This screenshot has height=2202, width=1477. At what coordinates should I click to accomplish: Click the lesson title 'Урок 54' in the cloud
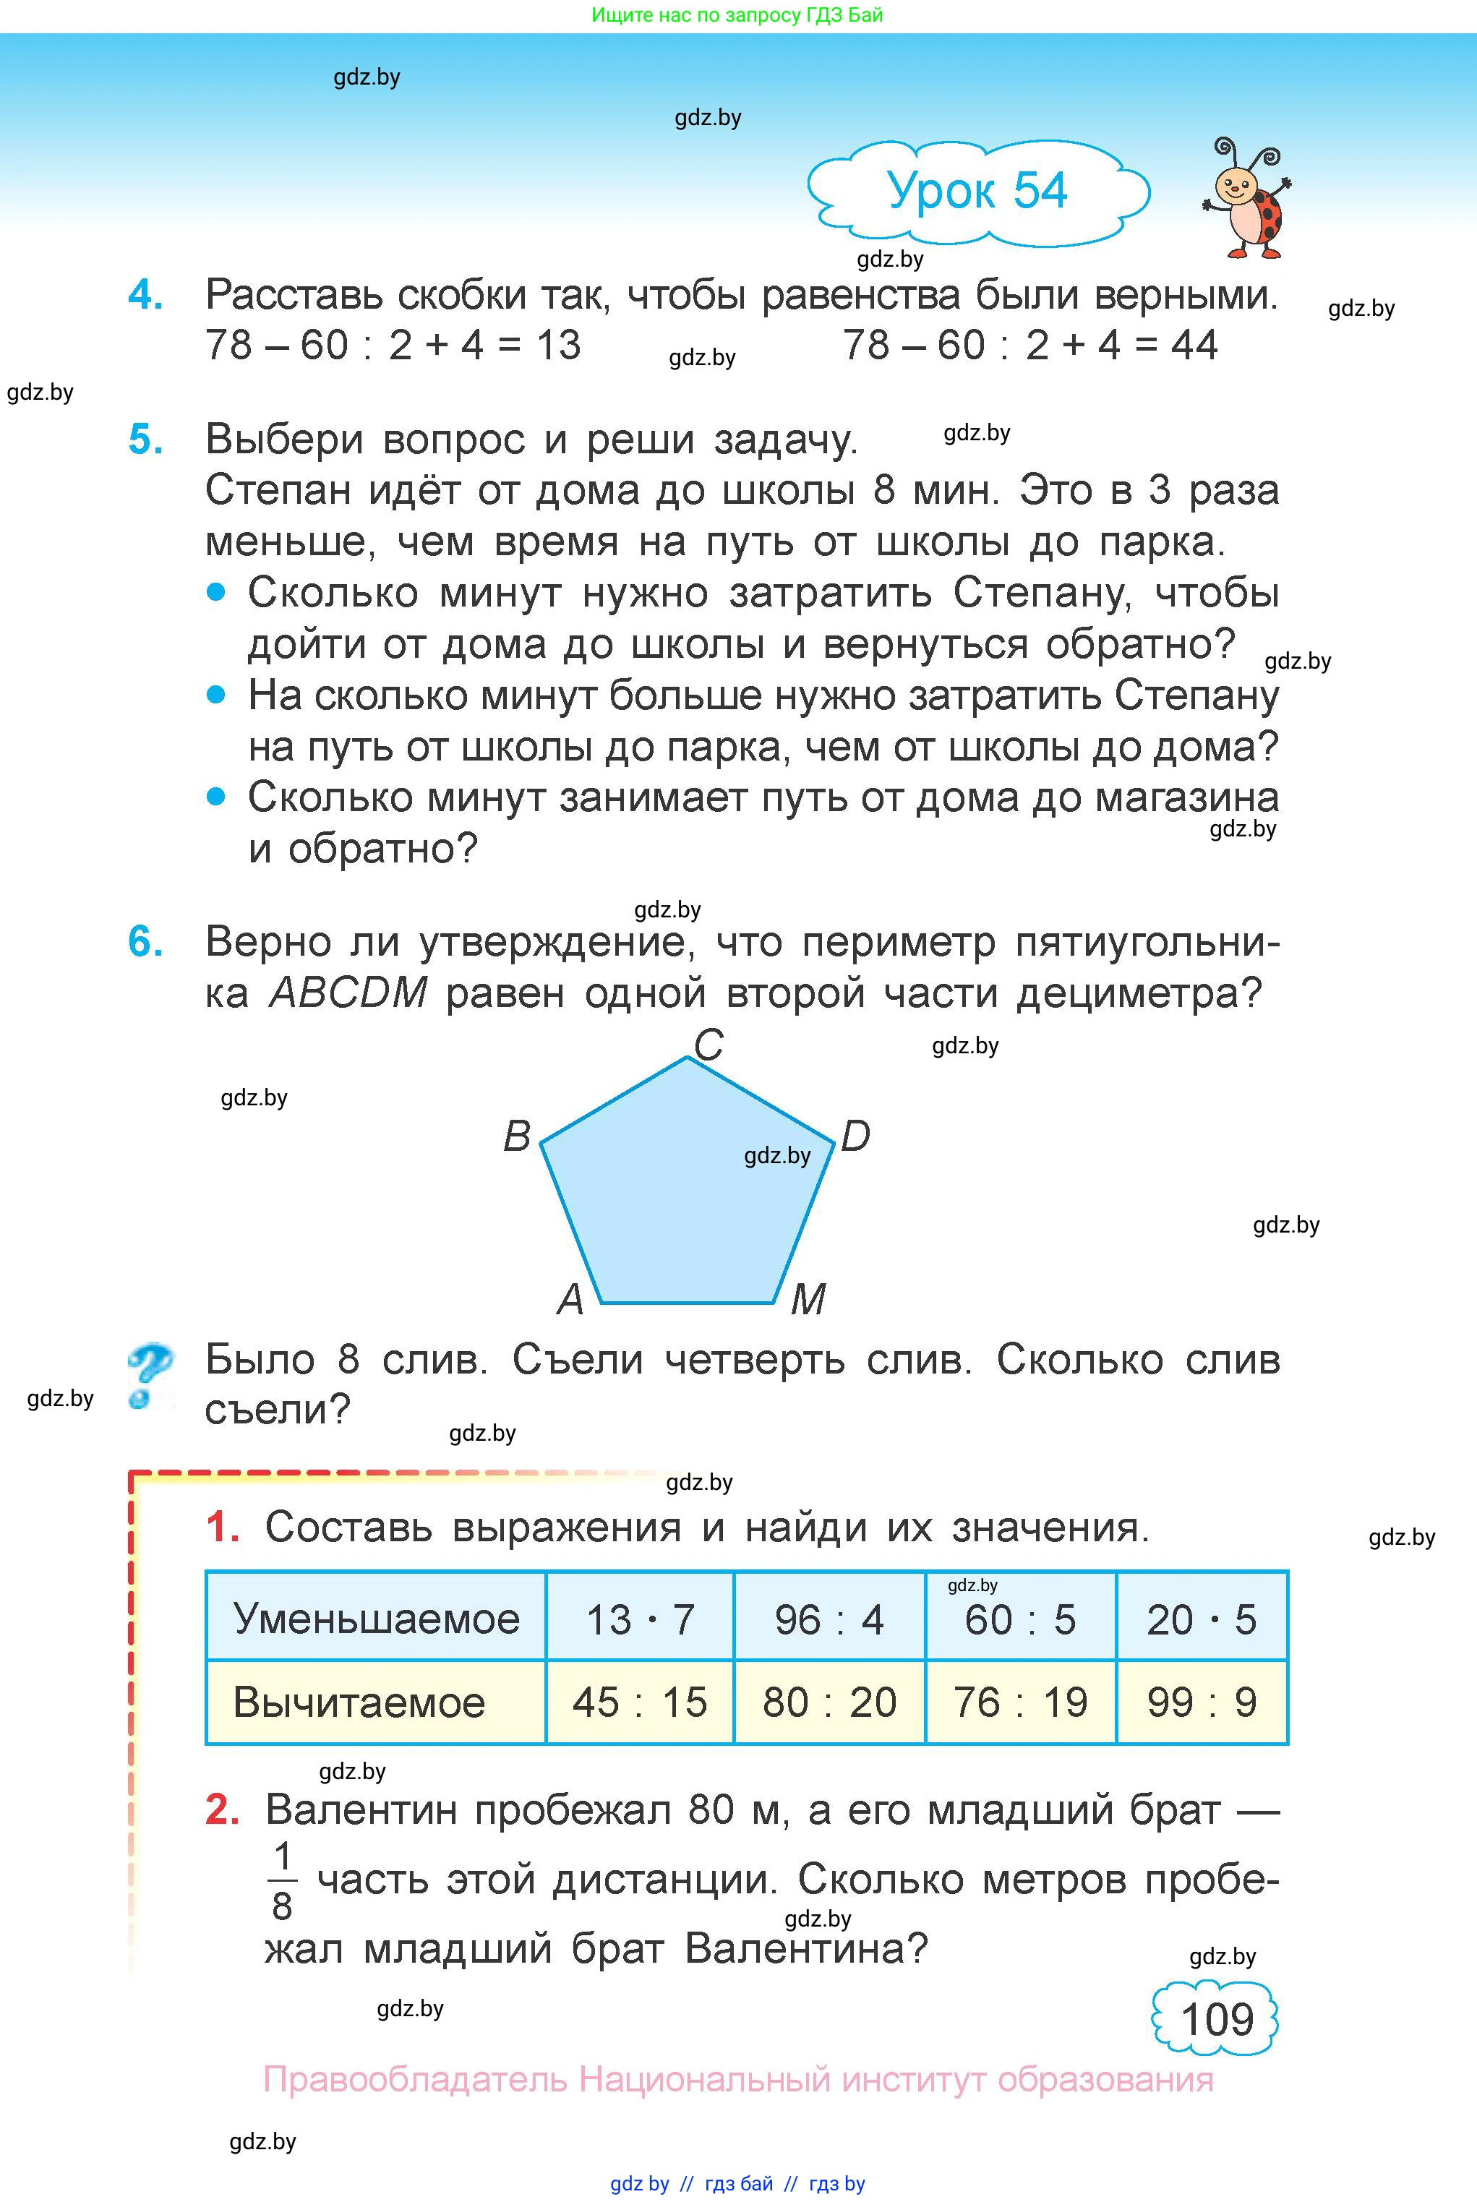[977, 191]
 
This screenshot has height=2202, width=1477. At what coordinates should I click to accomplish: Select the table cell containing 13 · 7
[640, 1619]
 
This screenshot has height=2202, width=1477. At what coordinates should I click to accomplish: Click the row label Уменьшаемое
[376, 1619]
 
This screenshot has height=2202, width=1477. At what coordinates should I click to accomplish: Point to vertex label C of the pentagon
[708, 1045]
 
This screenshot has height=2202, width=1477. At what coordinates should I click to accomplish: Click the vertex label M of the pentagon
[808, 1300]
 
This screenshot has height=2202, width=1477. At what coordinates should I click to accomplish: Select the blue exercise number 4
[145, 295]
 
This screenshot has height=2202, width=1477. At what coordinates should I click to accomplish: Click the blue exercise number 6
[145, 941]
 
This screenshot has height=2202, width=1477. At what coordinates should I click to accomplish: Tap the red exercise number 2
[222, 1809]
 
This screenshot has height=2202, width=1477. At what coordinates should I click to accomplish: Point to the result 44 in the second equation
[1194, 345]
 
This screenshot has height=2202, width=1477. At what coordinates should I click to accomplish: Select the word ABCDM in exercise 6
[348, 992]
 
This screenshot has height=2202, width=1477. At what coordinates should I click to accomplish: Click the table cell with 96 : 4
[829, 1619]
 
